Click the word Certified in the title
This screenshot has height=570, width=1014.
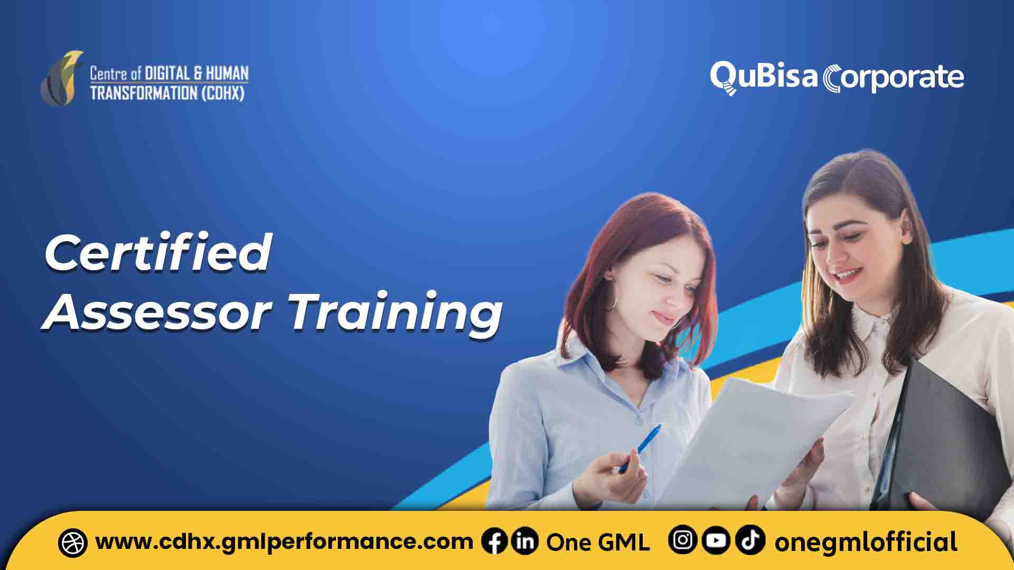coord(158,253)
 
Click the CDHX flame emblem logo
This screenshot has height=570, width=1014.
coord(62,78)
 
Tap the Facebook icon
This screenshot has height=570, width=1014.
coord(494,542)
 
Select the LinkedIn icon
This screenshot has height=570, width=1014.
coord(525,542)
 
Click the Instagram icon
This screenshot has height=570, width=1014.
coord(682,540)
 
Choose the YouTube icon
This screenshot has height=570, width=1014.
coord(716,540)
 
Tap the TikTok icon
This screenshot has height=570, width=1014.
coord(750,540)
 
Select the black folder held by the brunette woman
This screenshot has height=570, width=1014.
coord(945,433)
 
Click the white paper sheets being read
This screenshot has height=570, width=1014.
coord(755,438)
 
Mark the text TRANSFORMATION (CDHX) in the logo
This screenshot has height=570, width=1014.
coord(167,93)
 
